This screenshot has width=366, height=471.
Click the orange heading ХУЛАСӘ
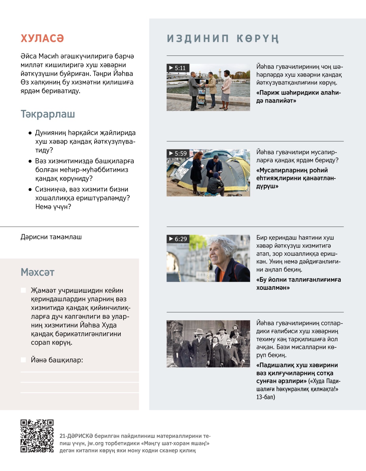pos(42,38)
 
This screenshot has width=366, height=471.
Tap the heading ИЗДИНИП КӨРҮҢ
pos(223,39)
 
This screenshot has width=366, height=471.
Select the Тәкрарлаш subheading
pos(48,114)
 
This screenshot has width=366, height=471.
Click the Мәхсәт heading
pos(38,272)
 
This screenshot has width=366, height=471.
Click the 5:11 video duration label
pos(178,68)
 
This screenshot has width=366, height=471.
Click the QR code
pos(37,436)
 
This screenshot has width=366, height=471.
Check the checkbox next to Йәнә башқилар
pos(23,360)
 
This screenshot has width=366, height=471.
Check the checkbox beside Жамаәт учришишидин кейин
pos(23,290)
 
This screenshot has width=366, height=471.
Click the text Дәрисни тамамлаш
pos(51,237)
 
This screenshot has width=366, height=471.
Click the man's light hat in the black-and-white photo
pos(199,331)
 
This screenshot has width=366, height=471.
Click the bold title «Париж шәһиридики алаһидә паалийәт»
pos(298,96)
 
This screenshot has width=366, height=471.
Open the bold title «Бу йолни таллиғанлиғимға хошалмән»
pos(298,284)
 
